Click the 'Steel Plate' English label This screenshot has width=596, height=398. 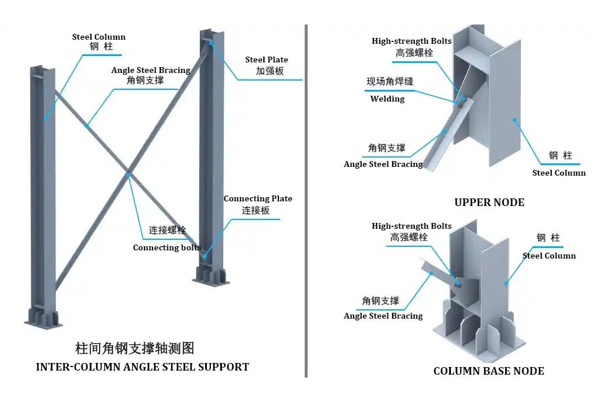point(266,60)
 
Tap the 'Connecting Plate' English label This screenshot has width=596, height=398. point(258,199)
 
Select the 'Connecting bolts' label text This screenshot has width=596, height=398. point(167,247)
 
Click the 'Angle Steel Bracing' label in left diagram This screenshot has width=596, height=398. point(151,70)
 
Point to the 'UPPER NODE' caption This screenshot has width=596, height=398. point(489,203)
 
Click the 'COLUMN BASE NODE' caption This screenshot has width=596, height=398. point(488,371)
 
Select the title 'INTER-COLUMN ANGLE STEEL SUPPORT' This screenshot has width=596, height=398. point(142,367)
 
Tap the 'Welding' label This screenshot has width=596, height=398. point(387,99)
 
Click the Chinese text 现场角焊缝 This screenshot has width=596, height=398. point(389,82)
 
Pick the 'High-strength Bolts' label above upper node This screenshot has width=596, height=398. point(411,41)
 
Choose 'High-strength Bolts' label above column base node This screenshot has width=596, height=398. point(411,226)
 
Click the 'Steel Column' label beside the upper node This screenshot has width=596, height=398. point(559,173)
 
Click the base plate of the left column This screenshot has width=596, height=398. point(43,322)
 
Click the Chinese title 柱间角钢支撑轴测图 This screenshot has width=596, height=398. point(135,349)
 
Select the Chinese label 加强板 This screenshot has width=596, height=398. point(270,71)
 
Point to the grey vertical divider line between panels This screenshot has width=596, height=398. point(306,198)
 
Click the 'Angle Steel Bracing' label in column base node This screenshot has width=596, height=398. point(383,316)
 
